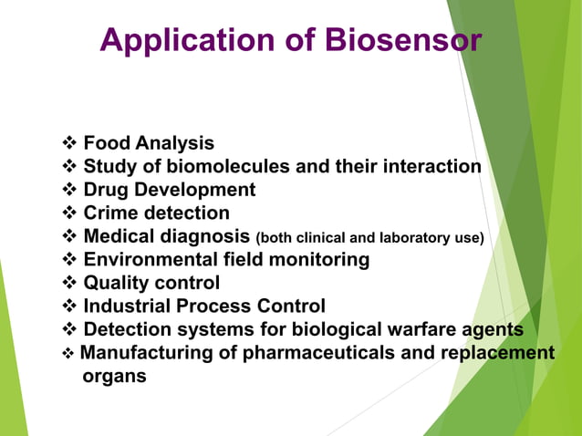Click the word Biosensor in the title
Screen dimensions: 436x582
point(403,41)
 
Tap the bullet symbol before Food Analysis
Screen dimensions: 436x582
point(69,143)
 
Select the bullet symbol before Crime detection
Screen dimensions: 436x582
point(69,213)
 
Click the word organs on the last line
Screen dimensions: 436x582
point(113,376)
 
